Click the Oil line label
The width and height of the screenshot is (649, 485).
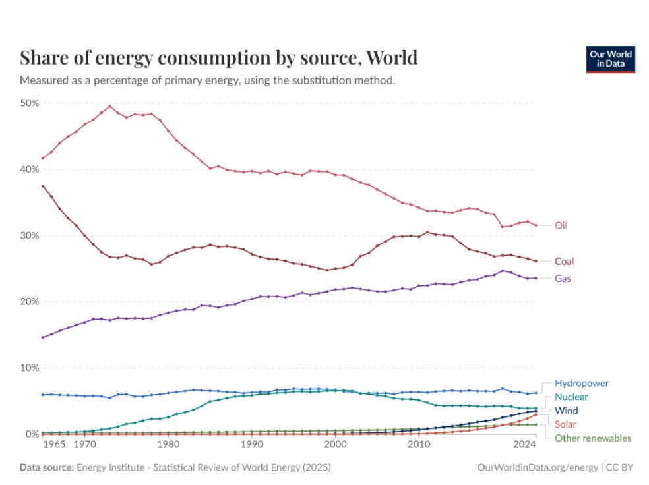561,225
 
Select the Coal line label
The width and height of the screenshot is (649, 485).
564,262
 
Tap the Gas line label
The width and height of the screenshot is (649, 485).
563,279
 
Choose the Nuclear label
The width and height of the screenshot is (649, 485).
571,397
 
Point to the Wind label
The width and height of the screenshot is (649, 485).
566,411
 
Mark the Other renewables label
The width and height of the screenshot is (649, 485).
593,438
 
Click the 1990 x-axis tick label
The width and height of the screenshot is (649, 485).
251,446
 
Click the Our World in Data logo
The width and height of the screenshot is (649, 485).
609,59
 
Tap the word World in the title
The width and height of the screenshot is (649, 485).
392,58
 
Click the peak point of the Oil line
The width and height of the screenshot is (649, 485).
109,106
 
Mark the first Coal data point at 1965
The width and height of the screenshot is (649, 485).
44,186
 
